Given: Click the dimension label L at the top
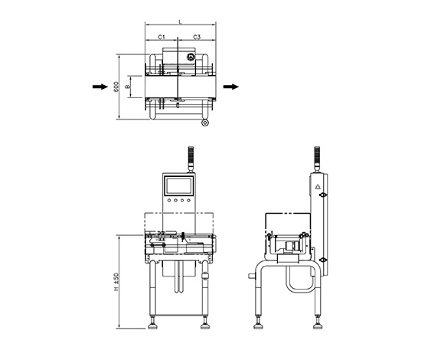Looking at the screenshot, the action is [181, 22].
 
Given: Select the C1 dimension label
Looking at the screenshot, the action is [162, 37].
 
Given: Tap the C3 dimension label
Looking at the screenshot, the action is [197, 37].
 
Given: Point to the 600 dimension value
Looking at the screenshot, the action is [116, 87].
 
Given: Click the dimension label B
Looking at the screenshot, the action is [128, 87].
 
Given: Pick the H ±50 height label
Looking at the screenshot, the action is [116, 282].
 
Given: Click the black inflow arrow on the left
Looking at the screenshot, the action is [100, 87].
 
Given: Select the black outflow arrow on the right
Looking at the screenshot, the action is [231, 87].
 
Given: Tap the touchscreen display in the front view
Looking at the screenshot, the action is [179, 185].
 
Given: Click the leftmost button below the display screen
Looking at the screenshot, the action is [169, 200].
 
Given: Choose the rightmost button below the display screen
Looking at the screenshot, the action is [189, 200].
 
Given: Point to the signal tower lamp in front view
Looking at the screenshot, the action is [191, 159].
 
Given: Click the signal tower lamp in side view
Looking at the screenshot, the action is [317, 159].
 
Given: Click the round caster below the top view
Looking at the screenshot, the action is [205, 123].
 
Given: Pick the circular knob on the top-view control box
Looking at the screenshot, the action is [191, 57].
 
